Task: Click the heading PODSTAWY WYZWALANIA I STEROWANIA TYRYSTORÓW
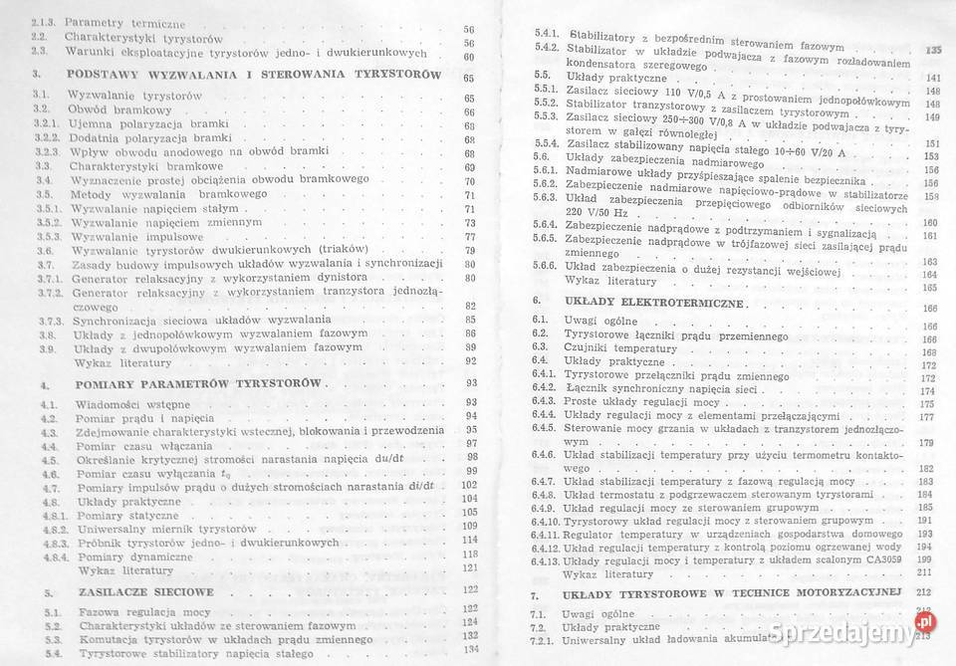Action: [253, 75]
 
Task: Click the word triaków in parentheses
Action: [339, 249]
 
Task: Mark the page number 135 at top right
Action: [932, 50]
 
